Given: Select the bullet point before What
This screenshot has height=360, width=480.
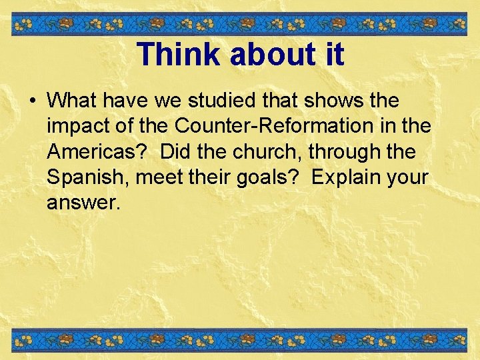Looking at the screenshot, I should tap(32, 102).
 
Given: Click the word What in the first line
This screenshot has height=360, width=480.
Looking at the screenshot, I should tap(71, 101).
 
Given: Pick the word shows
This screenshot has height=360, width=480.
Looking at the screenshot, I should tap(339, 101).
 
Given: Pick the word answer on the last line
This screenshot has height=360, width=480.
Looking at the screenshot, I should tap(81, 202).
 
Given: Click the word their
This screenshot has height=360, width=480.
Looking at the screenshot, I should tap(213, 177).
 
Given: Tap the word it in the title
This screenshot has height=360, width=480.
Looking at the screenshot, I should tap(333, 54).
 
